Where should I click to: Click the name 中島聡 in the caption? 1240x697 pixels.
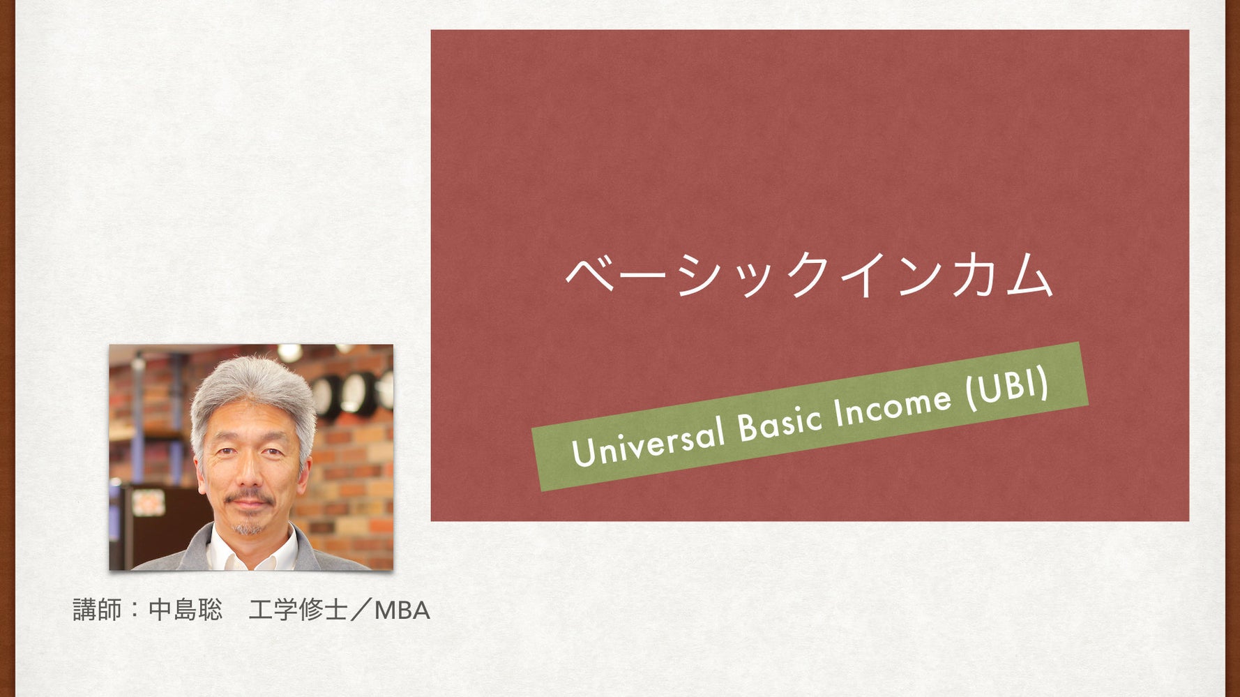pyautogui.click(x=186, y=610)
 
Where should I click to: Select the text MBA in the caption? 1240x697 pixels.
pyautogui.click(x=402, y=610)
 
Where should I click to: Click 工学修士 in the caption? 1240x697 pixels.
pyautogui.click(x=298, y=610)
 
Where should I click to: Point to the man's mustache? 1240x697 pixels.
pyautogui.click(x=249, y=498)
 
